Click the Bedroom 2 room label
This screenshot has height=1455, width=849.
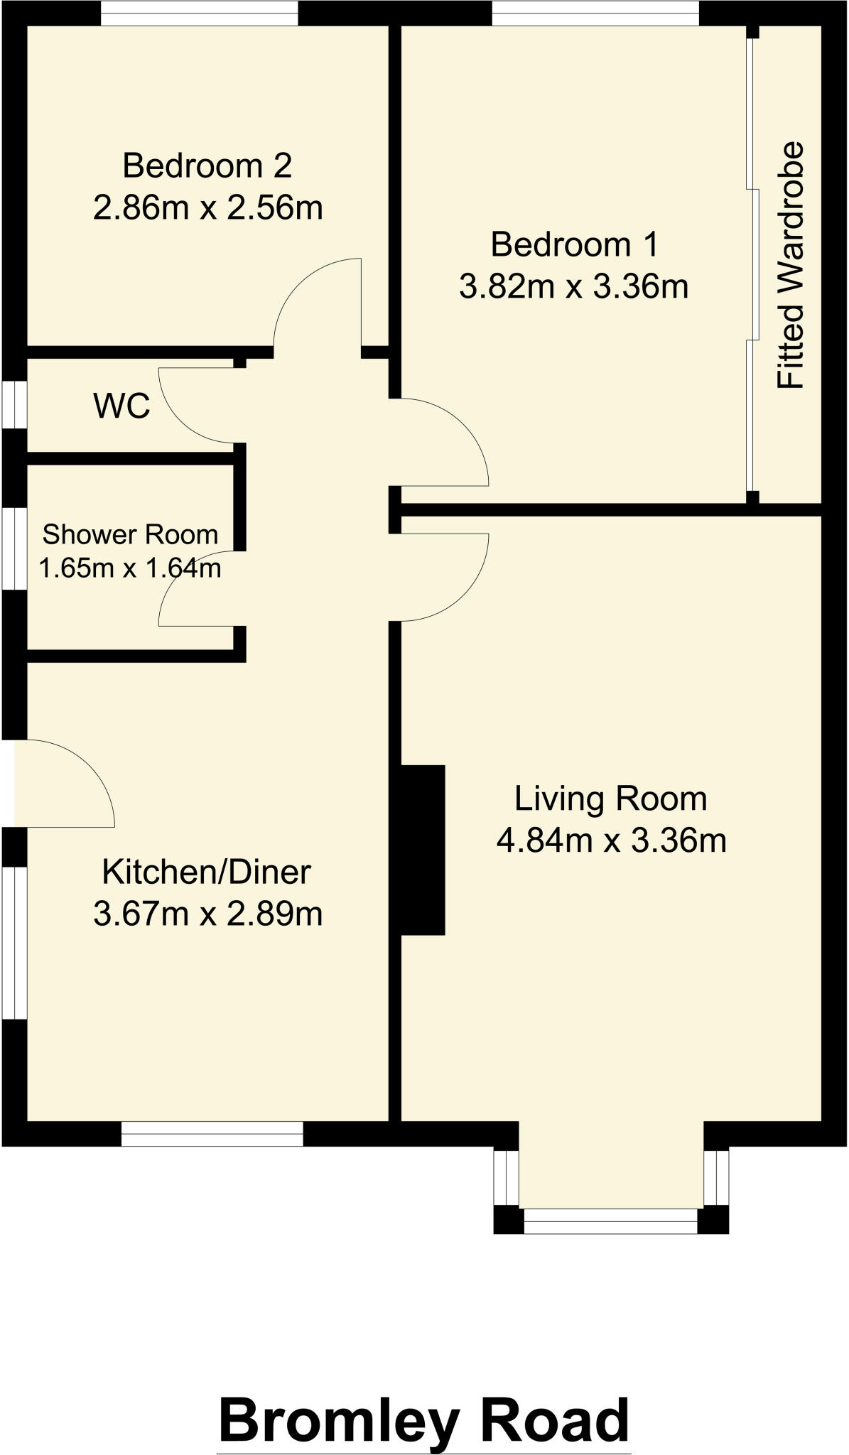tap(207, 166)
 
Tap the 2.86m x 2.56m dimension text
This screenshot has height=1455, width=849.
tap(207, 208)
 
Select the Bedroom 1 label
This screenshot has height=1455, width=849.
tap(574, 244)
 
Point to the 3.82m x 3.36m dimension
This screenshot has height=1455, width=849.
tap(574, 287)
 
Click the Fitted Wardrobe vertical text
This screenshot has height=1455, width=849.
tap(790, 266)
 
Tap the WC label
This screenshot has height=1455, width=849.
tap(121, 406)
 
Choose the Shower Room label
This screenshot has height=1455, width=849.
tap(130, 534)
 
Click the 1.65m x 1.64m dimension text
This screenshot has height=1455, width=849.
tap(130, 568)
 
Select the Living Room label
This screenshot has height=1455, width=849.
tap(611, 798)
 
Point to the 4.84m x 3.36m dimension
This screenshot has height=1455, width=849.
tap(611, 840)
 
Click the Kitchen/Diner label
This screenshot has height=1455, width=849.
tap(207, 872)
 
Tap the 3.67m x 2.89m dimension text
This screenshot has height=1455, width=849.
tap(207, 914)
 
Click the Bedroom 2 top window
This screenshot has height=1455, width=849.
tap(199, 13)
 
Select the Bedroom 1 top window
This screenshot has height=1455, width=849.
tap(595, 13)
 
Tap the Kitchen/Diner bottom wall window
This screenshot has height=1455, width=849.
tap(212, 1134)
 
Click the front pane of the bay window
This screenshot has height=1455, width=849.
tap(611, 1221)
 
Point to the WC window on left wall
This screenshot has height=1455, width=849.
tap(14, 405)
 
